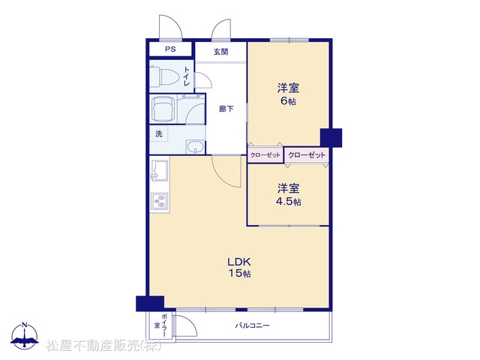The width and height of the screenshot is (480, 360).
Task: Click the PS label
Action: [170, 49]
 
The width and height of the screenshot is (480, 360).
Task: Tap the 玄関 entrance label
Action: [220, 52]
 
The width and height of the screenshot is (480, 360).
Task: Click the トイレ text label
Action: [187, 76]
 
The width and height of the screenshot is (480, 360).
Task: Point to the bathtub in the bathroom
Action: [163, 109]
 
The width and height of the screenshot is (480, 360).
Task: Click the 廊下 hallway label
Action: [226, 109]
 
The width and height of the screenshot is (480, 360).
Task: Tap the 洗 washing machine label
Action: [158, 133]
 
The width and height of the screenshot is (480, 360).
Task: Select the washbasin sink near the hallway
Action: [195, 147]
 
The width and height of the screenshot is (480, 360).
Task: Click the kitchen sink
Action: [159, 170]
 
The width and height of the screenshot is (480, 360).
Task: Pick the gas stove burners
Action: [159, 202]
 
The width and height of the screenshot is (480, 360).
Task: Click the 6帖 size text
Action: [288, 101]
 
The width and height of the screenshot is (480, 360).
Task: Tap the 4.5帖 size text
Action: [288, 202]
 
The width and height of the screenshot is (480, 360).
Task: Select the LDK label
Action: [239, 262]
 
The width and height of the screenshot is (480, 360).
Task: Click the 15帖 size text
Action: [240, 273]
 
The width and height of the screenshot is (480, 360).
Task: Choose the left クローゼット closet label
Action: [265, 155]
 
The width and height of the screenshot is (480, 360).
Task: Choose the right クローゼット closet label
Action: [307, 155]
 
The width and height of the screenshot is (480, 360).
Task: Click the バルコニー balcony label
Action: [252, 325]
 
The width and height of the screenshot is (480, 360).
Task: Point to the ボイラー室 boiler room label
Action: [161, 325]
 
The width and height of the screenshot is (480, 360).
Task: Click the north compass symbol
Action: [25, 335]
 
